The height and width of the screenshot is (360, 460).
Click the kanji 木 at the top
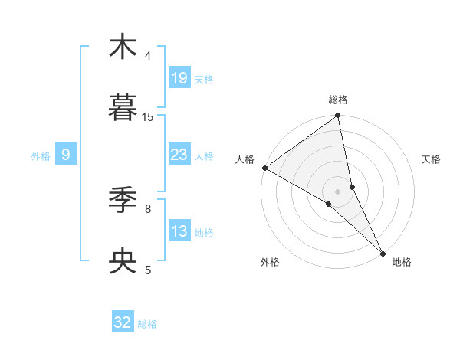[x=123, y=47]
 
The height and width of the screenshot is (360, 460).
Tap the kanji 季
[x=123, y=200]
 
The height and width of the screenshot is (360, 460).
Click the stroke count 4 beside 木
[x=148, y=56]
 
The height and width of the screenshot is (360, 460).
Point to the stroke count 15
[x=148, y=117]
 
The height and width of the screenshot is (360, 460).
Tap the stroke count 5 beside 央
[x=148, y=270]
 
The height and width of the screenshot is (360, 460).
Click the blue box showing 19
[x=179, y=78]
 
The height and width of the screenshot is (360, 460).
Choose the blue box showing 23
[x=179, y=155]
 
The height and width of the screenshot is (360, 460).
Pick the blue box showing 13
[x=179, y=231]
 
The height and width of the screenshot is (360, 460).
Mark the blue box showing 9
[x=66, y=155]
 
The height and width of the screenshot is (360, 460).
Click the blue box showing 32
[x=123, y=323]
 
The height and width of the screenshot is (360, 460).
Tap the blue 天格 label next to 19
[x=204, y=80]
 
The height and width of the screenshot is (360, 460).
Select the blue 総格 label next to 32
[x=147, y=324]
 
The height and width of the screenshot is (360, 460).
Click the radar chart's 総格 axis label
[x=338, y=100]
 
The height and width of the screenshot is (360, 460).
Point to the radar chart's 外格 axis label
[x=270, y=263]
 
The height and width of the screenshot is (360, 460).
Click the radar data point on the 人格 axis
[x=264, y=168]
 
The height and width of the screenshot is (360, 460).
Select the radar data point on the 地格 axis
[x=383, y=253]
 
